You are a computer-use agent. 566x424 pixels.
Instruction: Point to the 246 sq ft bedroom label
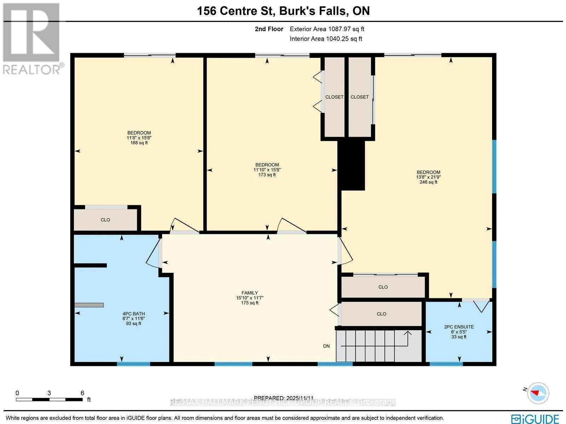pyautogui.click(x=428, y=177)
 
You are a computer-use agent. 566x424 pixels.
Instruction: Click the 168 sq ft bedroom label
pyautogui.click(x=139, y=138)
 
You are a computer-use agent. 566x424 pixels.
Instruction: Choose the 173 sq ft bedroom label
pyautogui.click(x=267, y=170)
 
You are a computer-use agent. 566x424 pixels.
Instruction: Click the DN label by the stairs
pyautogui.click(x=327, y=346)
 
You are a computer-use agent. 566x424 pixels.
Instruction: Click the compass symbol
pyautogui.click(x=538, y=393)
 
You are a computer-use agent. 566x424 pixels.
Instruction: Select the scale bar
pyautogui.click(x=49, y=400)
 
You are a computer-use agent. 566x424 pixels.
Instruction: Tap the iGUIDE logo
pyautogui.click(x=535, y=418)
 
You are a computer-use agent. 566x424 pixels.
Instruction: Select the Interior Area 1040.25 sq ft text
pyautogui.click(x=326, y=39)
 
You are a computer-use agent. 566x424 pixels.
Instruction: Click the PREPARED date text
pyautogui.click(x=284, y=398)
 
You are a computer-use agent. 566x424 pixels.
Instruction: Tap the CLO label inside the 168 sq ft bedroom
pyautogui.click(x=105, y=220)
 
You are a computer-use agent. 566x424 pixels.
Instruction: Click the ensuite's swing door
pyautogui.click(x=481, y=306)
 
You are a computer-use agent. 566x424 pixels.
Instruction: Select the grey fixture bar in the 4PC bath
pyautogui.click(x=89, y=305)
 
